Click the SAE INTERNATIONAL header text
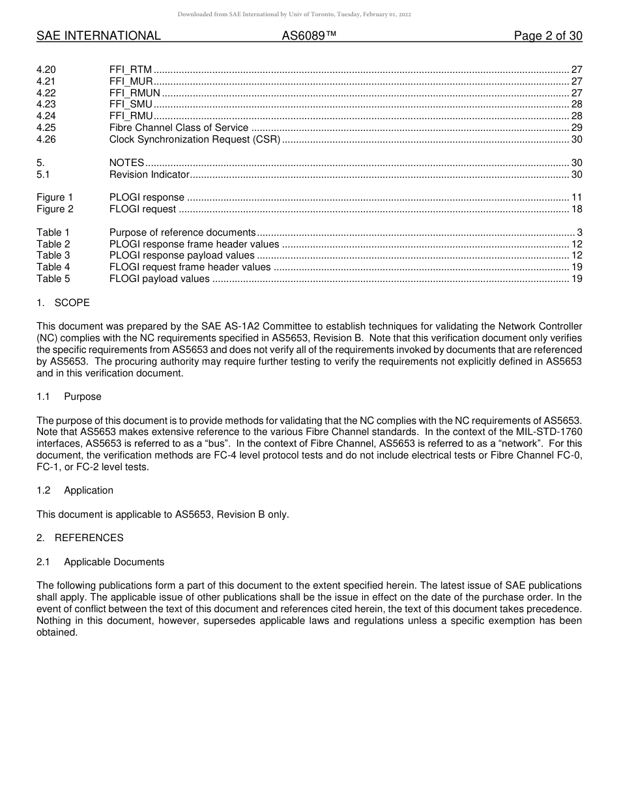[x=98, y=36]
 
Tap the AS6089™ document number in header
[x=309, y=36]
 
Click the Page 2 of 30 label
[x=548, y=36]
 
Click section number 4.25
[x=46, y=128]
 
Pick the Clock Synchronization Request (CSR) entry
[x=194, y=139]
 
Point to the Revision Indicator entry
[x=149, y=175]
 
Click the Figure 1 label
[x=55, y=197]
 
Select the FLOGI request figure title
[x=143, y=209]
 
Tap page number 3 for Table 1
[x=579, y=232]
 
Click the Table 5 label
[x=53, y=279]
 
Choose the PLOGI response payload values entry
[x=182, y=255]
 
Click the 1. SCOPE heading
[x=63, y=303]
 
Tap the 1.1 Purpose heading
[x=69, y=397]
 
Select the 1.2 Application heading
[x=75, y=490]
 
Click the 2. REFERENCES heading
[x=80, y=538]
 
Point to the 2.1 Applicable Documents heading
[x=100, y=562]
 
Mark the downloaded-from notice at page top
[x=295, y=14]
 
